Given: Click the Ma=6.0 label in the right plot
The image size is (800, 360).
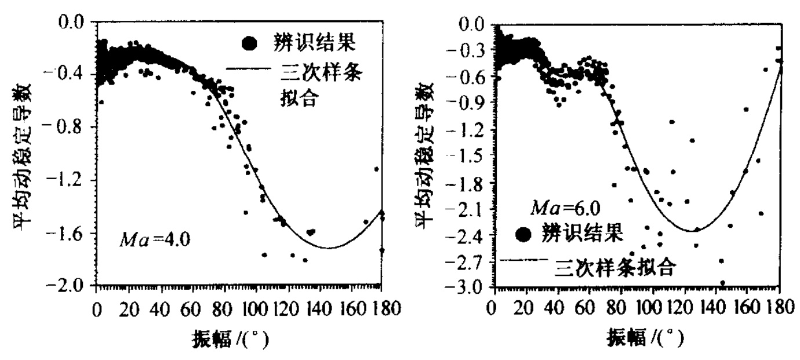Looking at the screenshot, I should pyautogui.click(x=558, y=207).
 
